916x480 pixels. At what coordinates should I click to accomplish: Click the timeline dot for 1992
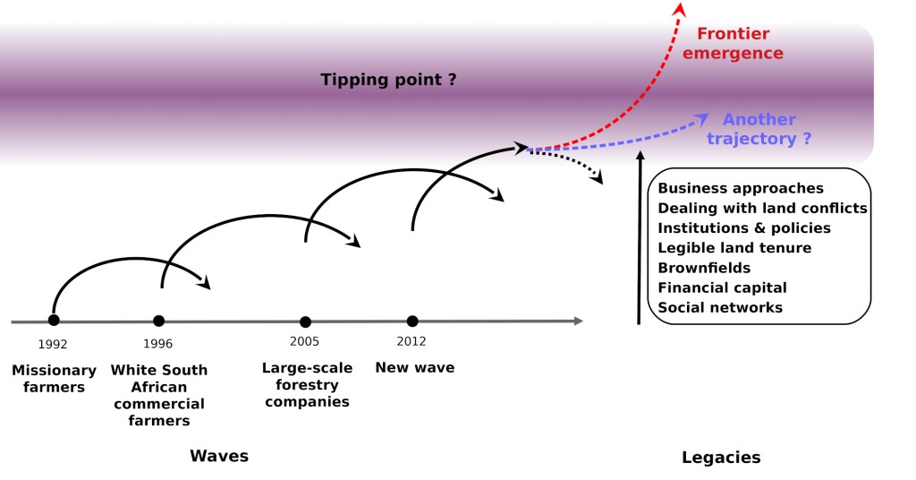click(x=54, y=320)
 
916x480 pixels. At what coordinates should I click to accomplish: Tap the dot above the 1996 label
click(x=158, y=321)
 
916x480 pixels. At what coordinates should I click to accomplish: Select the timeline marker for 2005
click(x=305, y=321)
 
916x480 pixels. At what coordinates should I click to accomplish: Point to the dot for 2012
click(x=411, y=321)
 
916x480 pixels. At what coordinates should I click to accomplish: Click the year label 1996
click(x=158, y=344)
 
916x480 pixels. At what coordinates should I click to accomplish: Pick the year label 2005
click(x=304, y=341)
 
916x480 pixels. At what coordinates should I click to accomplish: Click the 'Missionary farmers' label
click(x=54, y=379)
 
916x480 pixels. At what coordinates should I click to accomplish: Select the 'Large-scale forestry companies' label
click(x=307, y=384)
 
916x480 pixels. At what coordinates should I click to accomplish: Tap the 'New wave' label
click(x=414, y=367)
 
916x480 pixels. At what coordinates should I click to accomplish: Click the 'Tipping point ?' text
click(x=389, y=80)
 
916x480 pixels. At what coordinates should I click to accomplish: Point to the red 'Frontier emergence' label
click(x=740, y=44)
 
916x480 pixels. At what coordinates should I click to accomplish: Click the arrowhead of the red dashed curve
click(x=680, y=8)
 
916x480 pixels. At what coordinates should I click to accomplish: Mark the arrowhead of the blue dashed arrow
click(x=703, y=116)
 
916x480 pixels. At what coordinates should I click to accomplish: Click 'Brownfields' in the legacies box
click(x=704, y=268)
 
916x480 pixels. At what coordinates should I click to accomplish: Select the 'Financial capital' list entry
click(x=722, y=287)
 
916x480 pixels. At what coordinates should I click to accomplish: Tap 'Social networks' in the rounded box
click(x=720, y=307)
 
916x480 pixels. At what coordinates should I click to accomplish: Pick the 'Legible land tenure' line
click(x=734, y=247)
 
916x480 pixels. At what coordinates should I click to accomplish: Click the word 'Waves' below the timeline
click(x=219, y=456)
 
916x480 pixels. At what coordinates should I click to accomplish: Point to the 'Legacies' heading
click(x=721, y=458)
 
